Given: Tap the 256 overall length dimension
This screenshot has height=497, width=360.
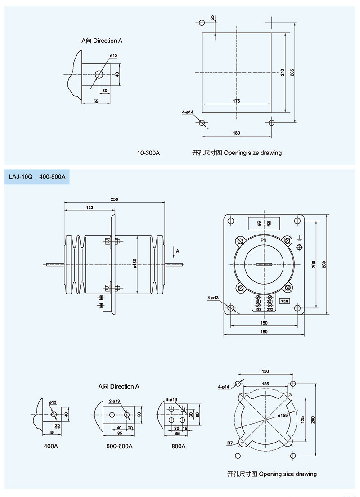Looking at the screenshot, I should [x=114, y=200].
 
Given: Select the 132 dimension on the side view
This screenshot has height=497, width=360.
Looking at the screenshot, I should [x=89, y=208].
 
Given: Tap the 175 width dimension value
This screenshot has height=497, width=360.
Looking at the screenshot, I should [x=237, y=101].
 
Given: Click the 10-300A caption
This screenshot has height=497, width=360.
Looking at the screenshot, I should [x=148, y=153].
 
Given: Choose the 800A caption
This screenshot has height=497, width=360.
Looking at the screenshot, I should [x=179, y=447].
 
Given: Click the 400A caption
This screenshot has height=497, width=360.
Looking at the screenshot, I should [x=51, y=447].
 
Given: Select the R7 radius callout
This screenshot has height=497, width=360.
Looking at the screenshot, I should [x=230, y=443].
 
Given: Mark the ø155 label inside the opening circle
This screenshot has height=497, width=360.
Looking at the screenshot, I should [x=282, y=415].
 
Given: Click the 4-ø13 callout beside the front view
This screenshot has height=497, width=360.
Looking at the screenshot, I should [x=213, y=298].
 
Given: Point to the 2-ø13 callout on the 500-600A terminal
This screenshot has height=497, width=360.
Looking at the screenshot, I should [x=114, y=401].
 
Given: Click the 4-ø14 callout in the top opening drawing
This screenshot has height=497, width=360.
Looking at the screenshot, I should [x=188, y=112].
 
